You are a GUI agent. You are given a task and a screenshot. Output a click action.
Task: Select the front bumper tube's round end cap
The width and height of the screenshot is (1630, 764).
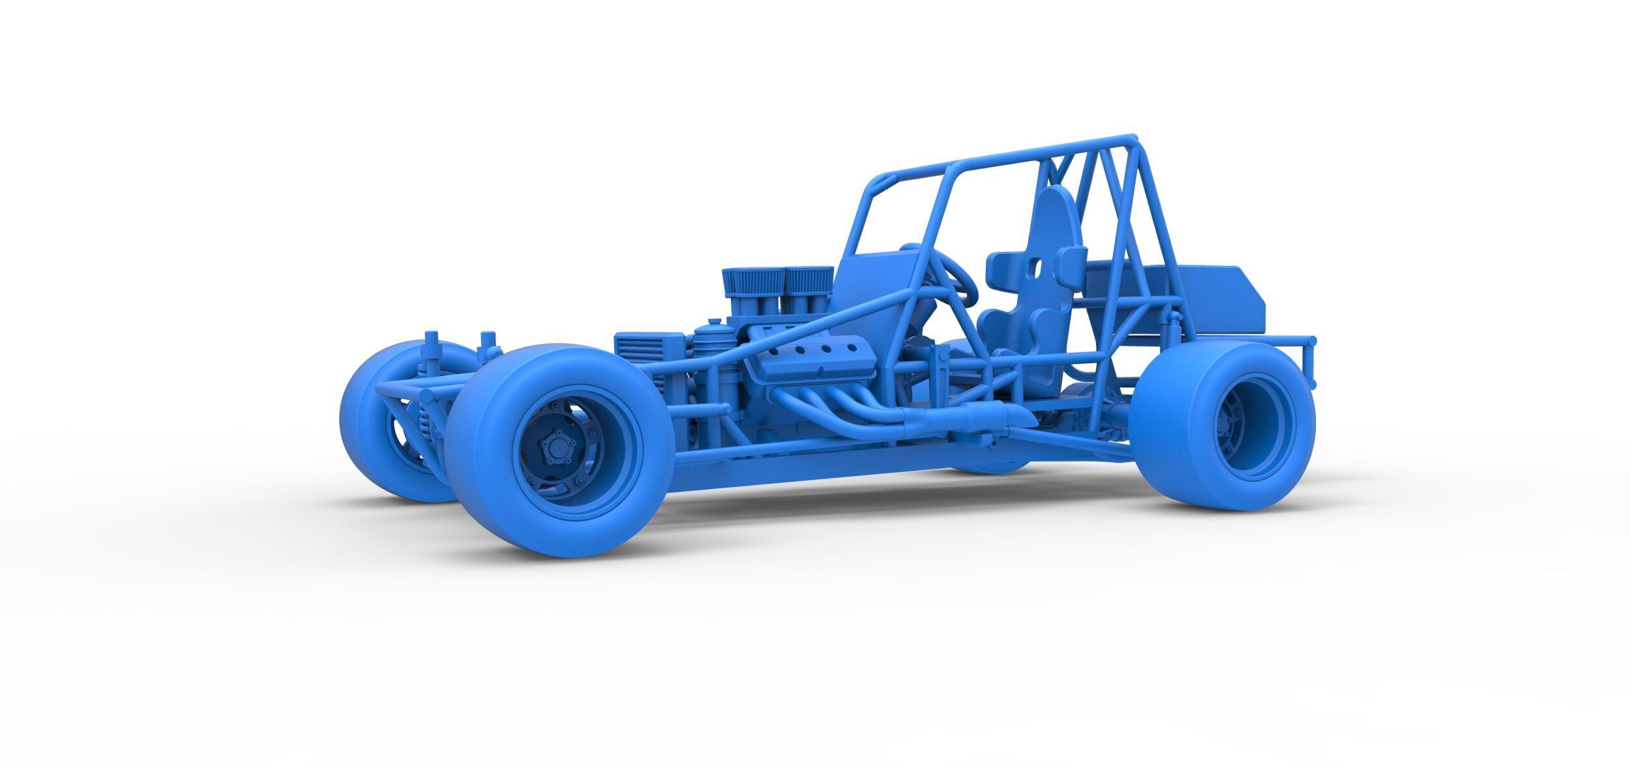coord(425,396)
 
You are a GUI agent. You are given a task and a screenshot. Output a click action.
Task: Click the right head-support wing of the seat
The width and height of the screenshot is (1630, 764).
coord(1073,261)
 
